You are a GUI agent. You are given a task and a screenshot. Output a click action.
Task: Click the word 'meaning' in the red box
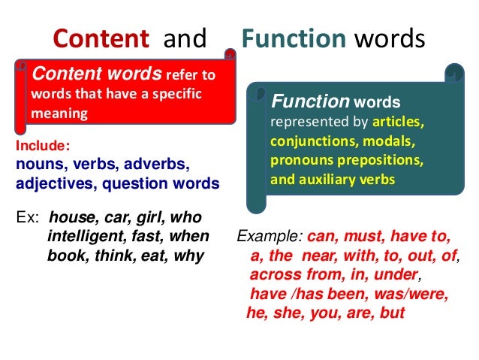tap(59, 113)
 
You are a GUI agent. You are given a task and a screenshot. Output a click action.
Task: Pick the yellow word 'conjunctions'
tap(306, 141)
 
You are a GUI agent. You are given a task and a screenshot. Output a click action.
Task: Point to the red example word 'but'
tap(393, 313)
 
